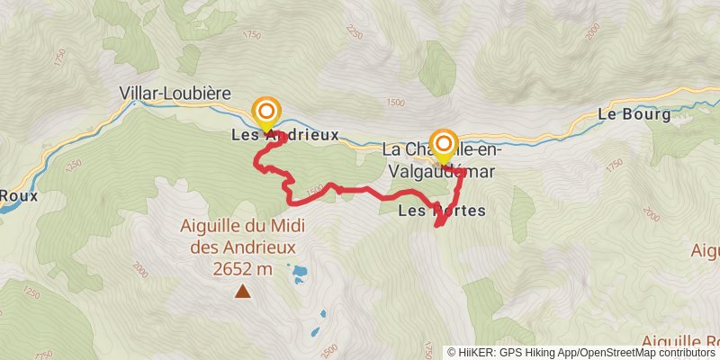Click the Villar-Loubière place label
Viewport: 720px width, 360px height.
176,93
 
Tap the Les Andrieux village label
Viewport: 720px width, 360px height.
284,135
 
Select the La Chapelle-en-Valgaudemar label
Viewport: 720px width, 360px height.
440,158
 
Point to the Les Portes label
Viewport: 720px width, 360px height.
441,211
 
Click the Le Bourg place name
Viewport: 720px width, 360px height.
634,115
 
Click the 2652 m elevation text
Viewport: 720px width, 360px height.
243,268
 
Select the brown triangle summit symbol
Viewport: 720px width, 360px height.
242,291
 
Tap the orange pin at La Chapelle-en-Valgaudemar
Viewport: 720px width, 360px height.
443,143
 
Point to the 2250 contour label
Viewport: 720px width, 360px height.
353,33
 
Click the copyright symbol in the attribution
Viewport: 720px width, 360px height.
452,353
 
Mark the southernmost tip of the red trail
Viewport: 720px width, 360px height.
438,226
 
